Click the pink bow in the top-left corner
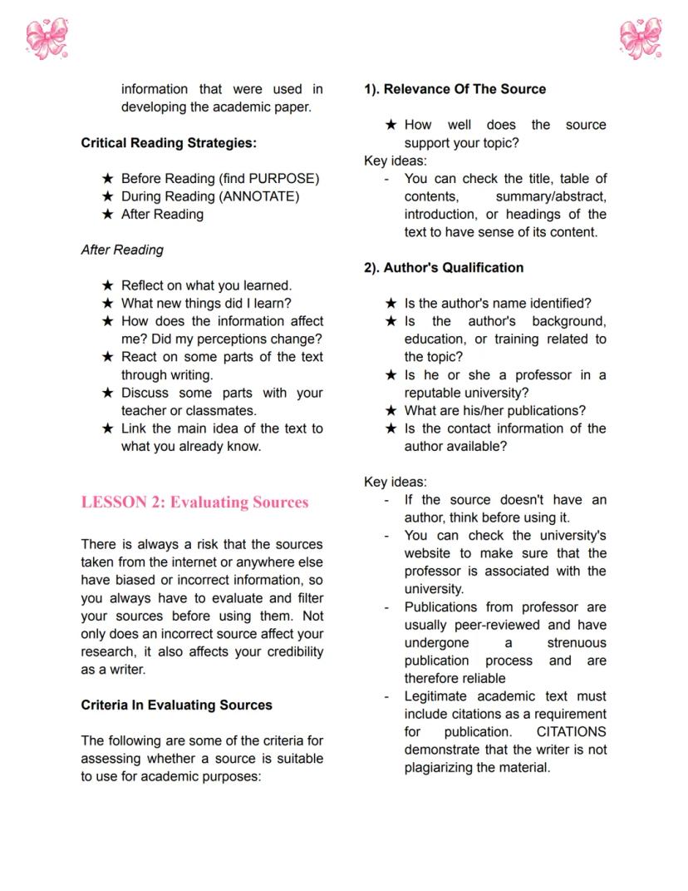point(47,38)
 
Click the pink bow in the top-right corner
point(641,38)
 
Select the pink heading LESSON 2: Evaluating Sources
point(194,502)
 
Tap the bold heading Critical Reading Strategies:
point(169,143)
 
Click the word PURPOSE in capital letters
point(282,179)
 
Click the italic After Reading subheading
point(122,250)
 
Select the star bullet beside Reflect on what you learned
point(107,285)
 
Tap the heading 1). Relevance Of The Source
point(455,89)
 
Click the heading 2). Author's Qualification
point(444,268)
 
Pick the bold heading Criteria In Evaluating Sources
point(176,705)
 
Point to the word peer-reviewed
point(499,625)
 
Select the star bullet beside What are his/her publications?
point(391,411)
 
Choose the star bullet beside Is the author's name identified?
point(391,304)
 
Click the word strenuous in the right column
point(576,643)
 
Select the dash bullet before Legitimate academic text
point(386,696)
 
